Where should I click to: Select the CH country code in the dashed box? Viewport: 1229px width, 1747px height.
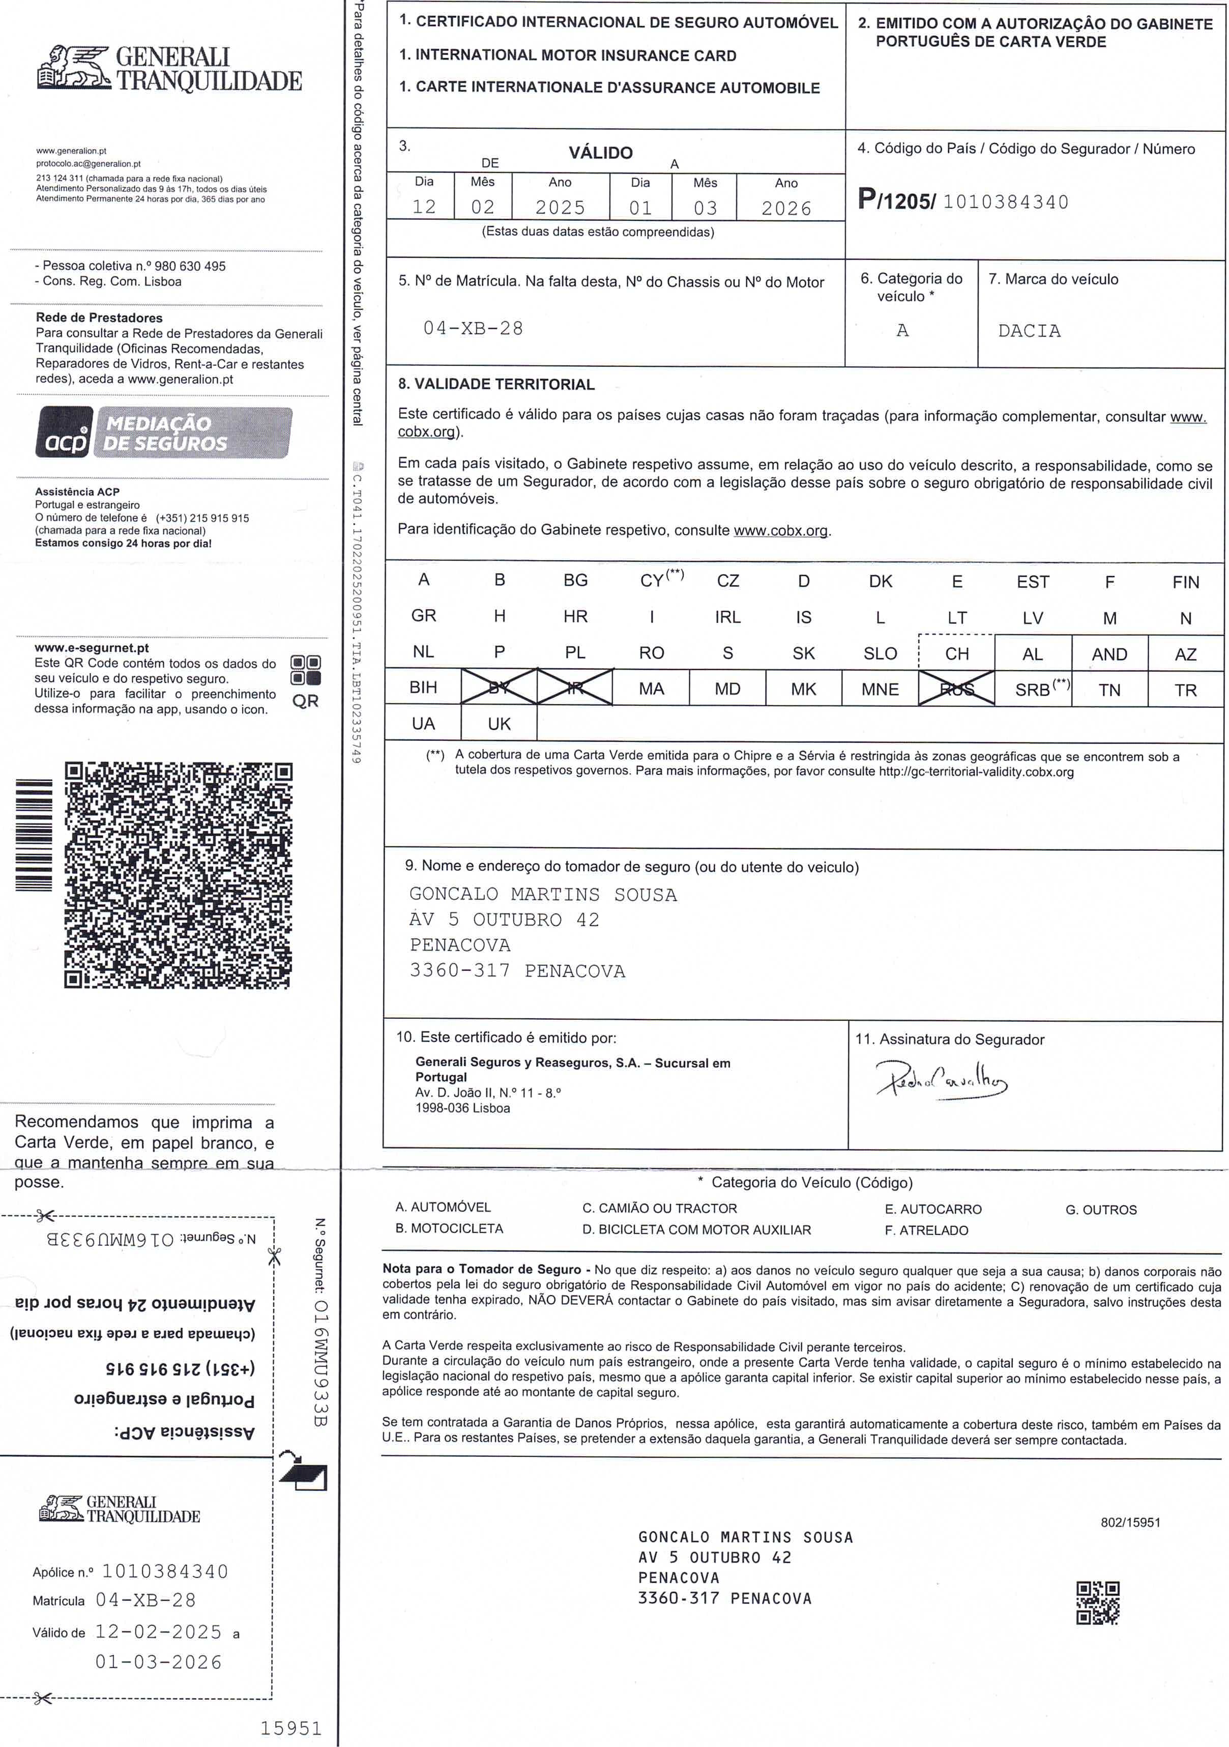pos(957,653)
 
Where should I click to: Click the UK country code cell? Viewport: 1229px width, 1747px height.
pos(499,724)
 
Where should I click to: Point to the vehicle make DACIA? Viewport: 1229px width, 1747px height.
pos(1029,331)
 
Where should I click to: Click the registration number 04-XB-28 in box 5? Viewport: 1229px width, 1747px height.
pos(473,329)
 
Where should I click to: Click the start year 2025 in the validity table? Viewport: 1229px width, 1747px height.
pos(560,207)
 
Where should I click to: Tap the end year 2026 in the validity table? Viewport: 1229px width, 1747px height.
pos(786,208)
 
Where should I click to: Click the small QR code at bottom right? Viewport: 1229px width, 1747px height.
pos(1097,1603)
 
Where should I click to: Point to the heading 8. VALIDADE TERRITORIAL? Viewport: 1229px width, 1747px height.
pos(496,384)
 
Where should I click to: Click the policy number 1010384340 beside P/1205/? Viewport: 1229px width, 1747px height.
pos(1005,202)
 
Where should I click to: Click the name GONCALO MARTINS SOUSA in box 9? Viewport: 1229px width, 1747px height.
pos(543,894)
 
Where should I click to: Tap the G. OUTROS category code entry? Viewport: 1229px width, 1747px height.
pos(1100,1210)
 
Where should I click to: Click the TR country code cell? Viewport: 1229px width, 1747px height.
pos(1185,690)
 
